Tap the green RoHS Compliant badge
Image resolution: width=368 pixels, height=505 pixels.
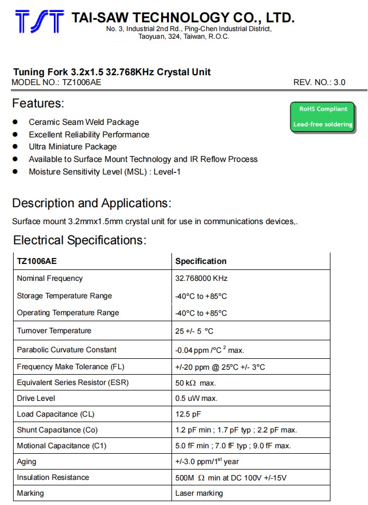322,117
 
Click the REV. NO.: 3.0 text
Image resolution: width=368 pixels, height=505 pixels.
319,83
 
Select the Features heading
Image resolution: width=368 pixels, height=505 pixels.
38,104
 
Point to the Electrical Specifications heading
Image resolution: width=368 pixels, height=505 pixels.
79,241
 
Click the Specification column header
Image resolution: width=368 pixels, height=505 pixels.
201,261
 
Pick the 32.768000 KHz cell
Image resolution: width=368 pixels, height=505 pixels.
201,278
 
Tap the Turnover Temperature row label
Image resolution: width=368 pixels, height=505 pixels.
54,331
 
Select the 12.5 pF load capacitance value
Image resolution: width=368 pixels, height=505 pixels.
188,414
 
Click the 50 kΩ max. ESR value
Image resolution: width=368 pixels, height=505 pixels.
195,383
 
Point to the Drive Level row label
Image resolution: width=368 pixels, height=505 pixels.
36,398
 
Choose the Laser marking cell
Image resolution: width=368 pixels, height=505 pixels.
199,493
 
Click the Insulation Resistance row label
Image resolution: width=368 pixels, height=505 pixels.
53,477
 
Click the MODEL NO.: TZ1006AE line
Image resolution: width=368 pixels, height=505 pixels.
56,83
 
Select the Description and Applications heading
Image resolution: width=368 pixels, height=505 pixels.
91,203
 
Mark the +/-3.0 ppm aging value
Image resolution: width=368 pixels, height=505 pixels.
207,461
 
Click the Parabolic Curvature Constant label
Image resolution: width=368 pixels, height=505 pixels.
66,350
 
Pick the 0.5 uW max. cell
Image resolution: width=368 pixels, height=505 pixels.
196,398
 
